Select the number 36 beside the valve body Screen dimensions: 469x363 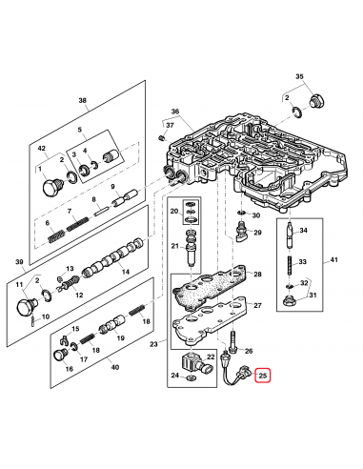174,111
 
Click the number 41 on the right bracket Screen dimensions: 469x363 333,260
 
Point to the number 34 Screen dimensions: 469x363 303,231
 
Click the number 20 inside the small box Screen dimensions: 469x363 173,211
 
